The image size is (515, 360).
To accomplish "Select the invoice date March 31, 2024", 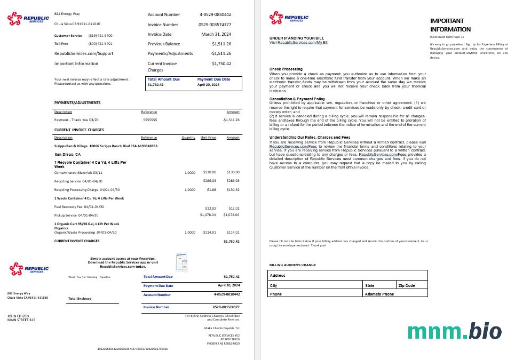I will click(x=216, y=34).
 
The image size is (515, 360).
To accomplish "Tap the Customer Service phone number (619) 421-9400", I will click(x=100, y=35).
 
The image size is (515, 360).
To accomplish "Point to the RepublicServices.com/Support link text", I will click(x=84, y=53).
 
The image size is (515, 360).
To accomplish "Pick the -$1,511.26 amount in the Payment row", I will click(x=231, y=119).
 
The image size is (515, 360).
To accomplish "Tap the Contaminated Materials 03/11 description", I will click(x=78, y=172).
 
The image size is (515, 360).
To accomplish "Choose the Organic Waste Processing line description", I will click(x=85, y=233).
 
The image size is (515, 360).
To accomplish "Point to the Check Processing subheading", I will click(x=286, y=69).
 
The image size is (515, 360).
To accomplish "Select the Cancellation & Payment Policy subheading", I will click(x=297, y=99).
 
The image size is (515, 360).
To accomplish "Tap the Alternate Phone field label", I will click(x=379, y=294).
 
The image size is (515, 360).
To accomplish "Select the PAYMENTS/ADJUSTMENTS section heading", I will click(x=77, y=102).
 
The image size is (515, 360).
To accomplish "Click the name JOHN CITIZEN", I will click(x=18, y=316).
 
